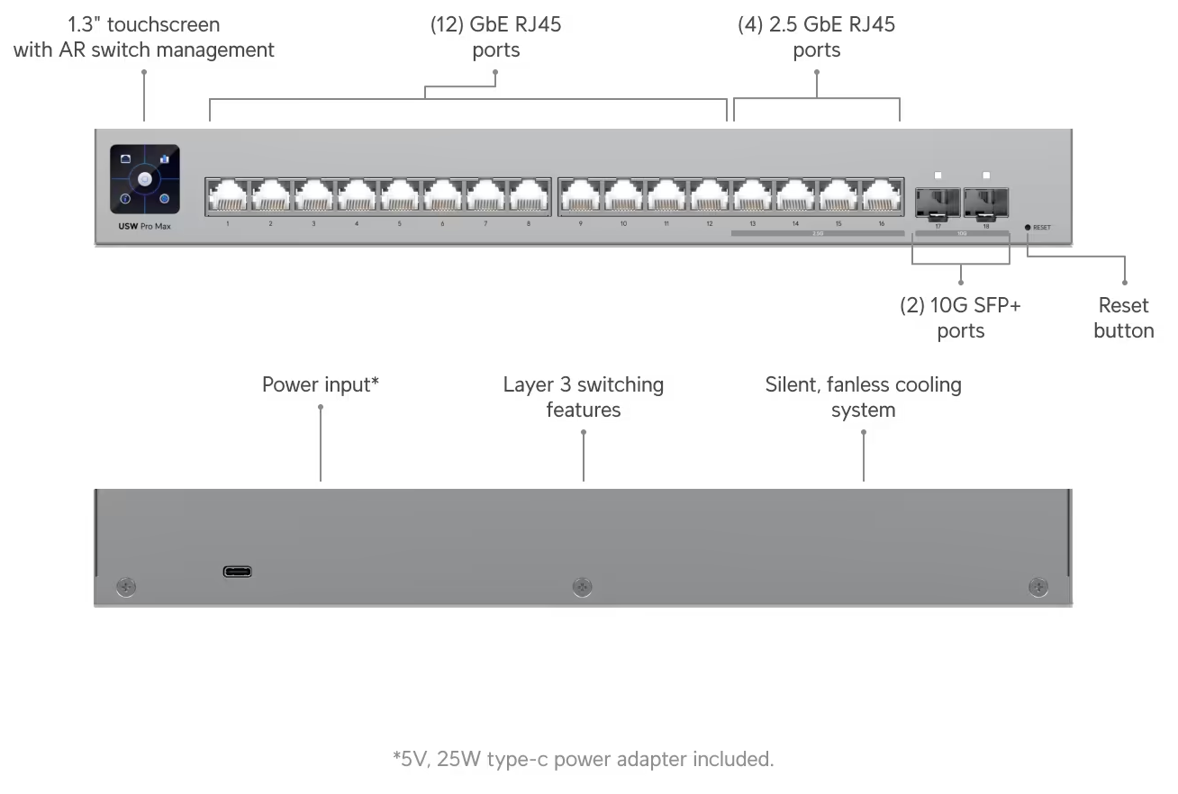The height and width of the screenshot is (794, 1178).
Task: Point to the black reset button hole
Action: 1028,227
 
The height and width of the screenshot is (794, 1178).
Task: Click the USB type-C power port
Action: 238,571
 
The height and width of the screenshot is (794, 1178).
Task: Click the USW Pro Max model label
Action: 143,226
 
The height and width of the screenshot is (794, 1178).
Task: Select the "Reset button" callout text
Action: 1123,318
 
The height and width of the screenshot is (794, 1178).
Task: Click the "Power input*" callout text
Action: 320,385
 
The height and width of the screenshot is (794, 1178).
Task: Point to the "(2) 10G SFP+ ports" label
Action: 960,318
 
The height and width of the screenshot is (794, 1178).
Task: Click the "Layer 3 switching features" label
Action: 583,397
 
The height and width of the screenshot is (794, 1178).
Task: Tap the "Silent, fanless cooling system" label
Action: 863,397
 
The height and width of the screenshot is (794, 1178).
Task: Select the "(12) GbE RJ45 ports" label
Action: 495,37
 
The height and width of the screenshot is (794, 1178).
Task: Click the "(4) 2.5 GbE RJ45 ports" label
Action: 816,37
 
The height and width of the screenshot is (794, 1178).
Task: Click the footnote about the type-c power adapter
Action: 583,759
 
